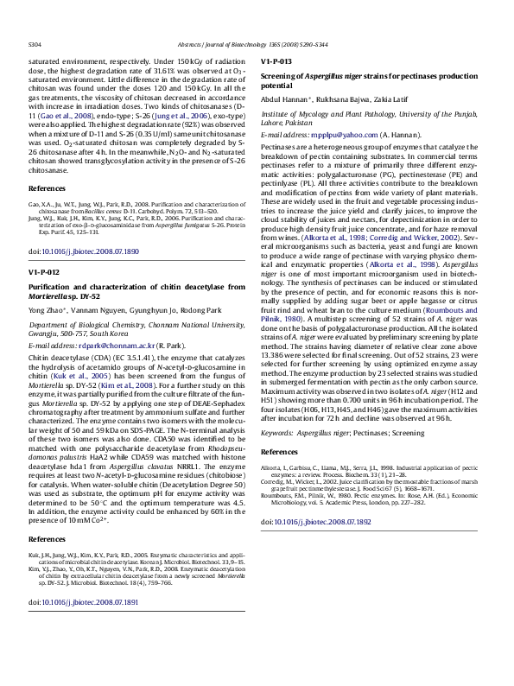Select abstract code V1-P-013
[276, 62]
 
